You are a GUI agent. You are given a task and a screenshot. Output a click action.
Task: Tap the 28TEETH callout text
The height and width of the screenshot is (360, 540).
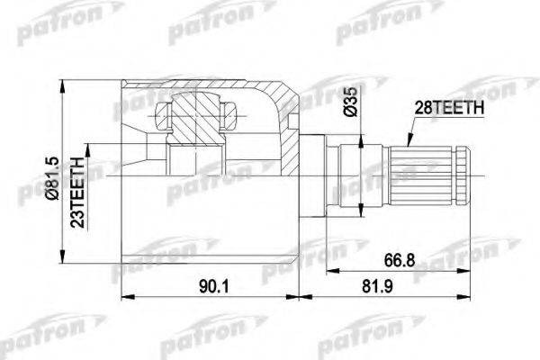pyautogui.click(x=447, y=107)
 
